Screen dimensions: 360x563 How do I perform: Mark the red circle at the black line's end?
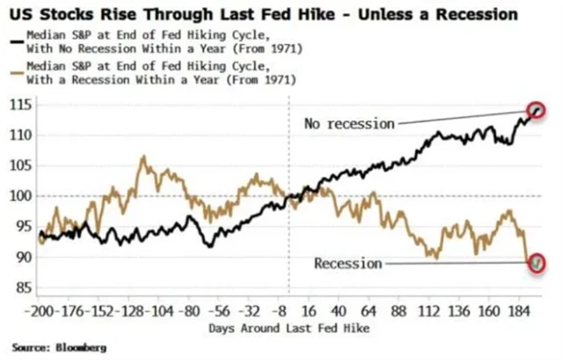538,110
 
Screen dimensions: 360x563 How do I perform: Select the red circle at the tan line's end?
538,262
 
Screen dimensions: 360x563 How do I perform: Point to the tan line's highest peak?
142,158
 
